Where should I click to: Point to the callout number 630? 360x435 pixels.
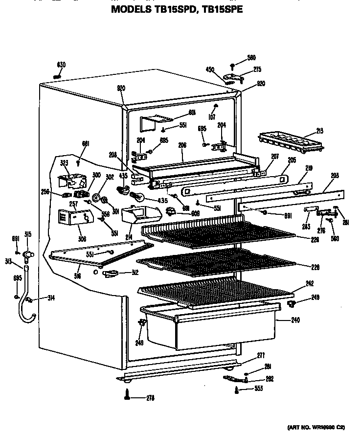pyautogui.click(x=61, y=65)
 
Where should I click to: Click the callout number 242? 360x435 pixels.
pyautogui.click(x=309, y=283)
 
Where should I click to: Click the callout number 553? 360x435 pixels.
pyautogui.click(x=259, y=389)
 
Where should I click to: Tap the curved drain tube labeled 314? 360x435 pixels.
pyautogui.click(x=24, y=313)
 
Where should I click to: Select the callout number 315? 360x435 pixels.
pyautogui.click(x=28, y=235)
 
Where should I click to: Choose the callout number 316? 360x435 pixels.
pyautogui.click(x=78, y=276)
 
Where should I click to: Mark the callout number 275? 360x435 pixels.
pyautogui.click(x=257, y=70)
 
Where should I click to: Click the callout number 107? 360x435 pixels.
pyautogui.click(x=211, y=117)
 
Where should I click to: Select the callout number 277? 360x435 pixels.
pyautogui.click(x=261, y=355)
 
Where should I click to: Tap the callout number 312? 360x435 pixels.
pyautogui.click(x=135, y=273)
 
